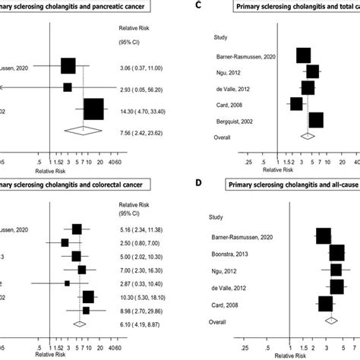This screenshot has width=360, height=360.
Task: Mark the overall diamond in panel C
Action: [308, 137]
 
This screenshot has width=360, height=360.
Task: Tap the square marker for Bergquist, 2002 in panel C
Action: [316, 120]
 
